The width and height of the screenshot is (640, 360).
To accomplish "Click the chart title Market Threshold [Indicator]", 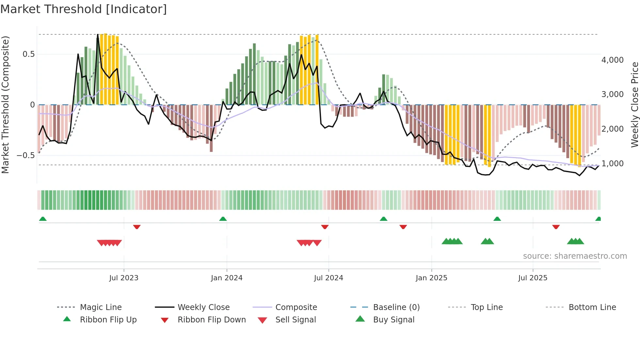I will pos(84,9).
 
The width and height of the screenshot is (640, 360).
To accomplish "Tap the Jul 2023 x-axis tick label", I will pos(124,278).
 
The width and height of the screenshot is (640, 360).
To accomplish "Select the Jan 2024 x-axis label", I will pos(227,278).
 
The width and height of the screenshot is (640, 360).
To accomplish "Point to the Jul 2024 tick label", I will pos(328,278).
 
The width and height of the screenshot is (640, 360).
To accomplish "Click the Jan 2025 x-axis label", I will pos(431,278).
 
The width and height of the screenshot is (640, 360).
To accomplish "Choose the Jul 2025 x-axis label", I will pos(533,278).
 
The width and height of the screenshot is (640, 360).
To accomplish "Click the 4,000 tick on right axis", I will pos(612,60).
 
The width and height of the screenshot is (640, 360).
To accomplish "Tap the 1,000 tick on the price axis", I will pos(612,164).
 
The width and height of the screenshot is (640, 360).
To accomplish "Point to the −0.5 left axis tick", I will pos(26,155).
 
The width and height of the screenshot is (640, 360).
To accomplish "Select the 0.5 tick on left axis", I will pos(29,54).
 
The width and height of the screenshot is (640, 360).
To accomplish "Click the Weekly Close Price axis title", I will pos(634,105).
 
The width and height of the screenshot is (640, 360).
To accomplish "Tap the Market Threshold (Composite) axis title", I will pos(5,105).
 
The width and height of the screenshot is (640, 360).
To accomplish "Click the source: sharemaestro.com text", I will pos(575,256).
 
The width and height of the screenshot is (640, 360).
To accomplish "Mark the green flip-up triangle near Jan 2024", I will pos(223,219).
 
